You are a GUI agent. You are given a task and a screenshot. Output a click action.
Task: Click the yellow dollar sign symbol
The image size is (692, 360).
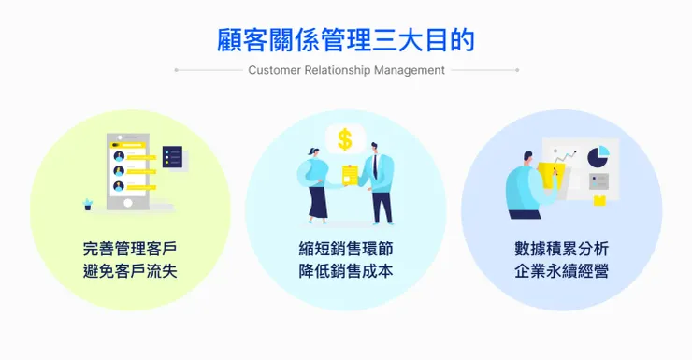345,140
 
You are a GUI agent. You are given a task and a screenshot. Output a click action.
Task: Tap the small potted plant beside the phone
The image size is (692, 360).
87,204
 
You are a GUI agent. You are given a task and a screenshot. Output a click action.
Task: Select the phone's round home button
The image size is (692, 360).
128,203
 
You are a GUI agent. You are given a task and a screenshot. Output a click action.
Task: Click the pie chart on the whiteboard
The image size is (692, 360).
598,156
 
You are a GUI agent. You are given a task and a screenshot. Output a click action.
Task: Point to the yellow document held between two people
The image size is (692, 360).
351,175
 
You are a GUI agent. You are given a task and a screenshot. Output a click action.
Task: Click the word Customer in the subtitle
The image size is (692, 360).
275,70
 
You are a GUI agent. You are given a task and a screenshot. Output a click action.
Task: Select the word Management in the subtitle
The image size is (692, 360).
409,70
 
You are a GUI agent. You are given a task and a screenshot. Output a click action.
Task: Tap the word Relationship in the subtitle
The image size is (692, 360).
338,70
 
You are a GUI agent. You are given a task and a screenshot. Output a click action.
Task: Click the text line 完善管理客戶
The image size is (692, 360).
130,249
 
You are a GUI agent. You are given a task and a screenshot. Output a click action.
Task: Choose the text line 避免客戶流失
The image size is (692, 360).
130,270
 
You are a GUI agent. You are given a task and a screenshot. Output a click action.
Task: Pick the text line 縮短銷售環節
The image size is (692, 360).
346,249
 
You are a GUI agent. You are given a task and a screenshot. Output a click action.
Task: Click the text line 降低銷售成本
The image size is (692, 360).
346,270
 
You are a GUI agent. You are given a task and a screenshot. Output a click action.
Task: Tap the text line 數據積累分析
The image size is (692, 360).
561,249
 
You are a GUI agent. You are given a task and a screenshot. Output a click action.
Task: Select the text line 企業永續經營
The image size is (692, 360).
561,270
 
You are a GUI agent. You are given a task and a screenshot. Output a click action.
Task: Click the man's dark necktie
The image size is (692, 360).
375,166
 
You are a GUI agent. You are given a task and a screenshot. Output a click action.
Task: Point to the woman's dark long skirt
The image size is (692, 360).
318,202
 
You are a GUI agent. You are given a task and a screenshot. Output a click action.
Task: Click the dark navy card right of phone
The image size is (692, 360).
172,156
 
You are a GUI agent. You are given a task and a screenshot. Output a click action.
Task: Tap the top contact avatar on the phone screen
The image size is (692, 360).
119,156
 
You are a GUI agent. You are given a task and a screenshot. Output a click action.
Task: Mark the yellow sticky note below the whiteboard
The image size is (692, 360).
599,201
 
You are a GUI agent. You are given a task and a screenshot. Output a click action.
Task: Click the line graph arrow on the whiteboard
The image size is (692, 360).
565,156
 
